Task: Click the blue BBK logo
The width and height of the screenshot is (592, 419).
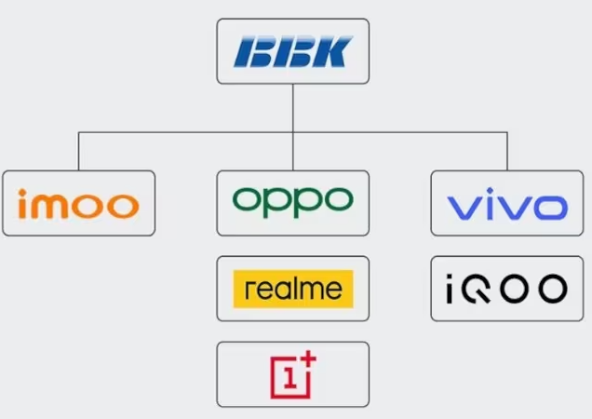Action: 293,51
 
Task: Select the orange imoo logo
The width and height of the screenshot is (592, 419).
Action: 78,204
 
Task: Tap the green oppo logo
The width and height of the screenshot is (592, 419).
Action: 293,202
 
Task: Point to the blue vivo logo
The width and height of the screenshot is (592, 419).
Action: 507,204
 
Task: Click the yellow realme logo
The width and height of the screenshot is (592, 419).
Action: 293,289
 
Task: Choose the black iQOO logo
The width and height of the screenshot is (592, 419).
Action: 506,289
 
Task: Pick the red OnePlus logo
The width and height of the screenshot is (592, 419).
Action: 293,374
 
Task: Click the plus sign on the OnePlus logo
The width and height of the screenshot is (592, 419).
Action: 308,358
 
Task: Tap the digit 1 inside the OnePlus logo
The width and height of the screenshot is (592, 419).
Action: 290,378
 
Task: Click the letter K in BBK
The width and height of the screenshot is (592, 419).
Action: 333,51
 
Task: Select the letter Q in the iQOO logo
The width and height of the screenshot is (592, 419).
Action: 477,289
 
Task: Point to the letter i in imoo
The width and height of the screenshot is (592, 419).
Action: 22,204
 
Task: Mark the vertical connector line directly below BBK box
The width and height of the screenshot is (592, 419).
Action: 293,127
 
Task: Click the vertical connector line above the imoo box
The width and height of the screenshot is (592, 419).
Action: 78,151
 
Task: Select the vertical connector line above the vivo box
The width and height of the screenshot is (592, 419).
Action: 507,151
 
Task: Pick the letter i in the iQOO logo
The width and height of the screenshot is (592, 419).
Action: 450,289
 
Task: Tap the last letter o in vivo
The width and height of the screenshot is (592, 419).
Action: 551,208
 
